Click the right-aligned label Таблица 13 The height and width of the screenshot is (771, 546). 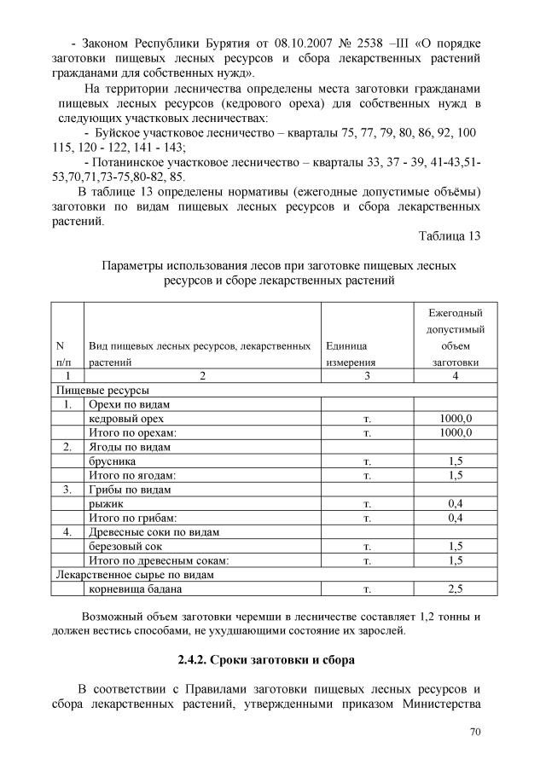coord(450,235)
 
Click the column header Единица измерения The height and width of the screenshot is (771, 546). coord(349,354)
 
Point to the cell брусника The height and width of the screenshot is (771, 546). coord(112,461)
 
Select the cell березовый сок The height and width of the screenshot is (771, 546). coord(125,546)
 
